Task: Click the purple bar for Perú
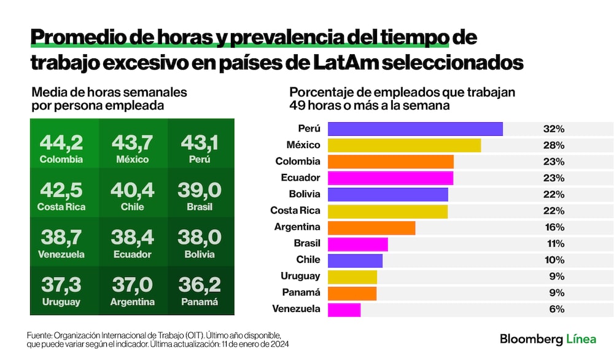[x=415, y=129]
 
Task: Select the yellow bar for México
[x=404, y=145]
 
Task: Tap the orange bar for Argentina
[x=371, y=227]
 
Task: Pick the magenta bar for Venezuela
[x=344, y=309]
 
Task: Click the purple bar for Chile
[x=355, y=260]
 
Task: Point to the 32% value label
[x=553, y=129]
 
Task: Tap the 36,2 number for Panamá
[x=200, y=285]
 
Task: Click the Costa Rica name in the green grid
[x=61, y=207]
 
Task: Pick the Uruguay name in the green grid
[x=61, y=302]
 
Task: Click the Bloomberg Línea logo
[x=548, y=339]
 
